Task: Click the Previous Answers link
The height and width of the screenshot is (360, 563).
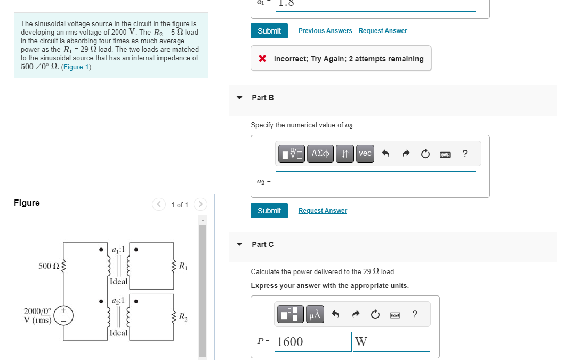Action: (x=325, y=31)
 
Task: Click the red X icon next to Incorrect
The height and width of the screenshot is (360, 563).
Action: (x=262, y=59)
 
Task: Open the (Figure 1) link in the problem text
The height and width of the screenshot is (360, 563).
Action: (x=76, y=67)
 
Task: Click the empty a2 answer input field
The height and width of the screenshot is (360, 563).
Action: (x=375, y=181)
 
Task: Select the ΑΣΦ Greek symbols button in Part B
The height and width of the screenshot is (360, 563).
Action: (x=320, y=154)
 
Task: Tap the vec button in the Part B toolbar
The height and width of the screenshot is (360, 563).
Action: (x=365, y=154)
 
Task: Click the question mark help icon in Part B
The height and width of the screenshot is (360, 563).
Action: (x=465, y=154)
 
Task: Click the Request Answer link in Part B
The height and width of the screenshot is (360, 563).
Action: (x=323, y=211)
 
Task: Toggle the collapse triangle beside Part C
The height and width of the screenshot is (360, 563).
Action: (x=240, y=244)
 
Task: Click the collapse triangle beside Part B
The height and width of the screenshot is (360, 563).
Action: (x=240, y=98)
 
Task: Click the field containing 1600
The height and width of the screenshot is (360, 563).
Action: (x=313, y=342)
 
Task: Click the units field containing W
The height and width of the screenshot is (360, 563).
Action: (x=391, y=342)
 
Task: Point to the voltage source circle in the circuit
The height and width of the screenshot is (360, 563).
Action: (x=63, y=315)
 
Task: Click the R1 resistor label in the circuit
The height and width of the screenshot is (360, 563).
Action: (x=182, y=266)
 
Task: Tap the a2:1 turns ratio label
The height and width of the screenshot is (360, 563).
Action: (x=118, y=301)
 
